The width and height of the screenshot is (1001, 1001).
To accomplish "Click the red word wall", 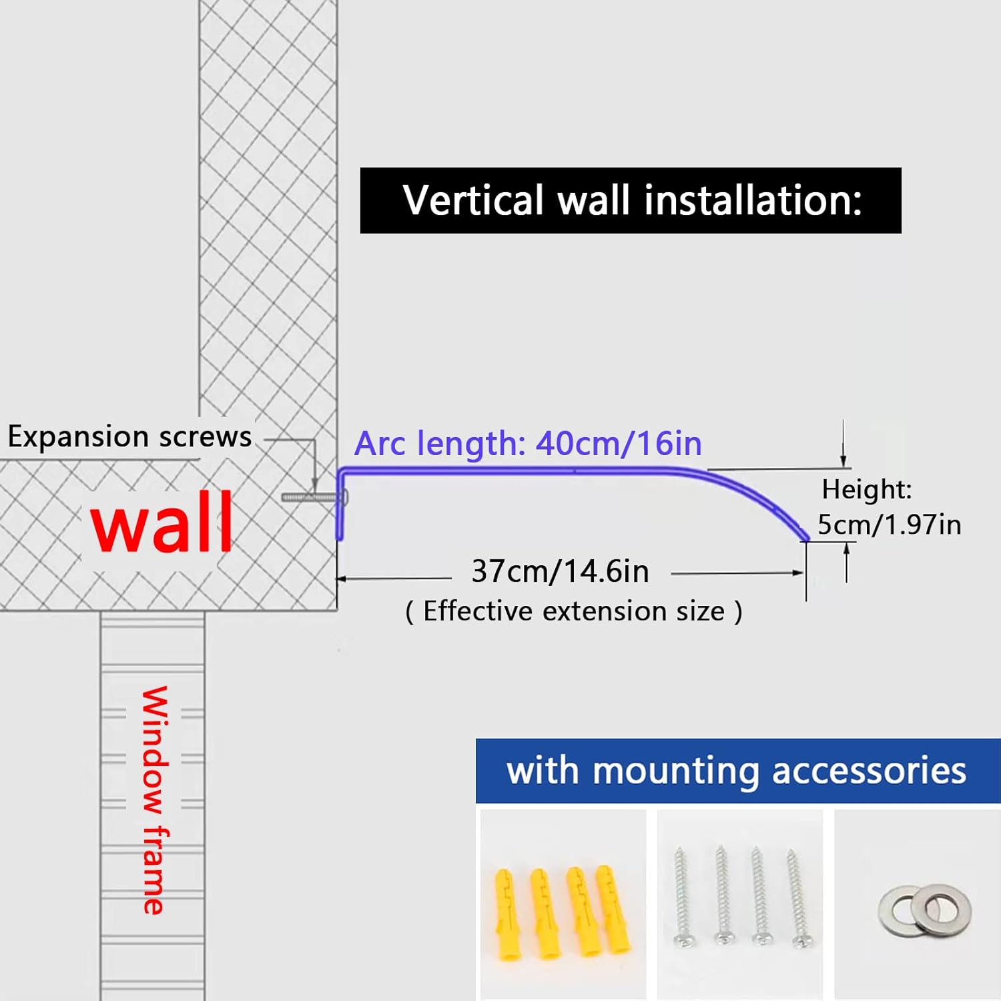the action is click(162, 523).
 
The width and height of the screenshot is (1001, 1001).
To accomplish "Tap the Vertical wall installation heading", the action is click(631, 200).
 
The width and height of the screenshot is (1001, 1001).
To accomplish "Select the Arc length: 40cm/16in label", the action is click(528, 443).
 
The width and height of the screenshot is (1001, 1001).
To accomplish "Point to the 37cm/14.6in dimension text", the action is click(560, 571).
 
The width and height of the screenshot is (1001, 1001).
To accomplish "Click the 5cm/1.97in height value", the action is click(889, 525).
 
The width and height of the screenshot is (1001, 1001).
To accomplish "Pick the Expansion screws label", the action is click(129, 436).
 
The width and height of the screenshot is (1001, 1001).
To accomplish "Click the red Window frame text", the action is click(154, 799).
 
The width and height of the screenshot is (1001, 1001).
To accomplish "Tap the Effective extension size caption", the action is click(574, 611).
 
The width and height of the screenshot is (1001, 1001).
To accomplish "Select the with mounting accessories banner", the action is click(737, 771).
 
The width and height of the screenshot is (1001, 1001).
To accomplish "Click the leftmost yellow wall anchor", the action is click(505, 914).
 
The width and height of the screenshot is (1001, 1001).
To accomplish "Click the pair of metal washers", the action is click(925, 910).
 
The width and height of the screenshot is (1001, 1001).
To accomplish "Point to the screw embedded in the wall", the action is click(310, 497).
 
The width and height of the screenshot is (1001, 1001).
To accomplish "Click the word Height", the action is click(866, 489).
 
